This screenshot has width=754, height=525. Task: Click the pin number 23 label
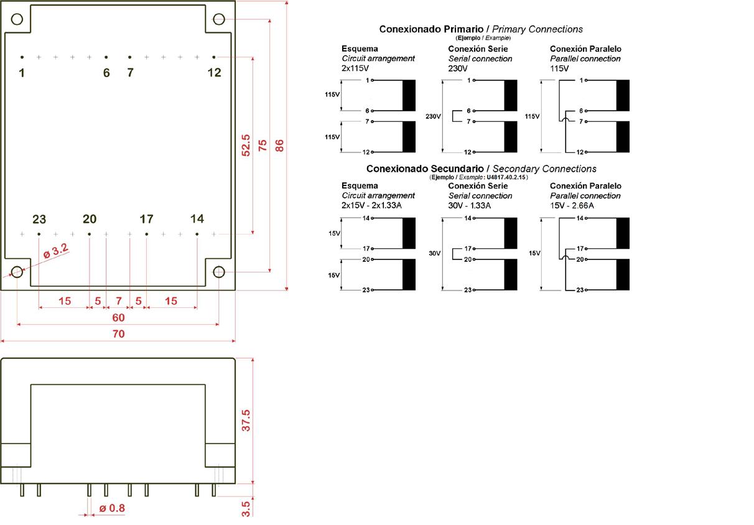pyautogui.click(x=39, y=219)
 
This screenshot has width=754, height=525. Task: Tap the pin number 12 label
pyautogui.click(x=214, y=73)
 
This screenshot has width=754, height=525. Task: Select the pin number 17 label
pyautogui.click(x=146, y=219)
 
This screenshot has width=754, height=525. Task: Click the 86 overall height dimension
pyautogui.click(x=279, y=146)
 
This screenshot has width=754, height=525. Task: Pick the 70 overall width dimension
pyautogui.click(x=118, y=334)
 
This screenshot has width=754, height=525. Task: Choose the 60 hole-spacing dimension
pyautogui.click(x=118, y=318)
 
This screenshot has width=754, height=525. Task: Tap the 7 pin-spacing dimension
pyautogui.click(x=118, y=301)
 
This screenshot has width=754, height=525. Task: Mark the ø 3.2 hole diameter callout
pyautogui.click(x=55, y=251)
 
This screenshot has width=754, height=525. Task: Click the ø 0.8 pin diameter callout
pyautogui.click(x=113, y=508)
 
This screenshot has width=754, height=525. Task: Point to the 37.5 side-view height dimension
pyautogui.click(x=246, y=420)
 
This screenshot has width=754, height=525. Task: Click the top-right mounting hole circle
pyautogui.click(x=219, y=19)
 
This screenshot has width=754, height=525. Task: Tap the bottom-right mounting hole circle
pyautogui.click(x=219, y=272)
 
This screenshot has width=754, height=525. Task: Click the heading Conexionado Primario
pyautogui.click(x=429, y=29)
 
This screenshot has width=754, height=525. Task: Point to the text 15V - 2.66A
pyautogui.click(x=572, y=205)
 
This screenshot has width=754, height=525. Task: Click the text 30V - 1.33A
pyautogui.click(x=470, y=205)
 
